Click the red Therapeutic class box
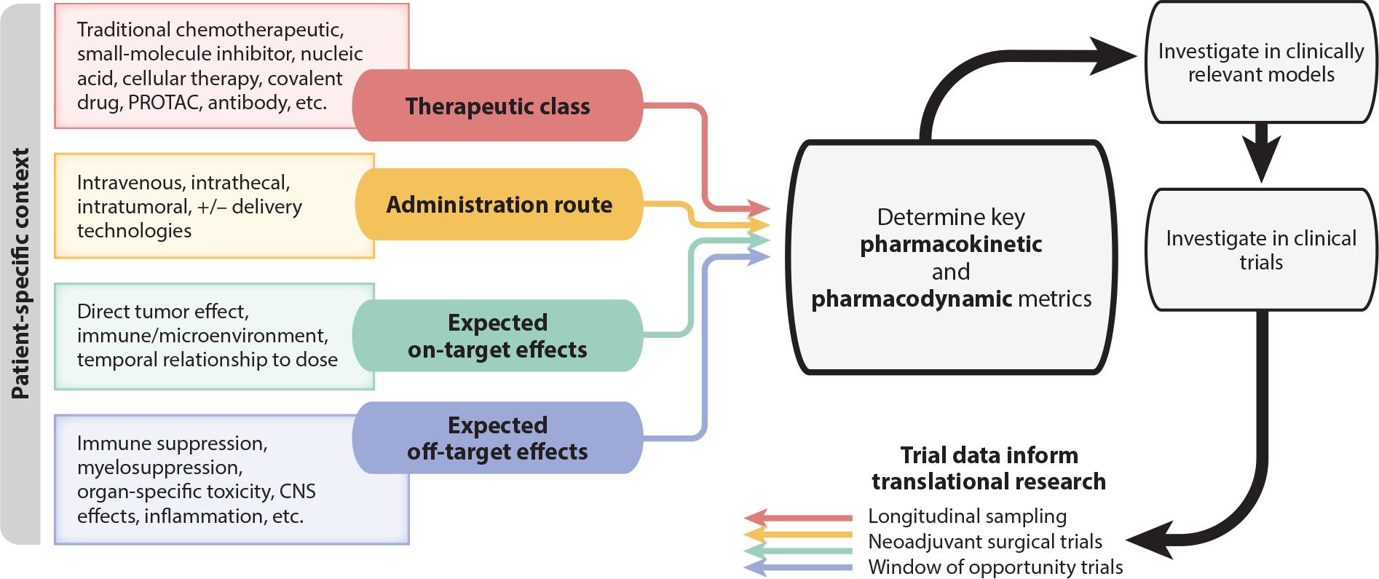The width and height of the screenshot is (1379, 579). click(497, 106)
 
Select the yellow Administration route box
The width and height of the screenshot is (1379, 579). click(499, 205)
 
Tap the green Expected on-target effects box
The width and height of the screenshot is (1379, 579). click(497, 336)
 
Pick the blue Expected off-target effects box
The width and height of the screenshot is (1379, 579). click(497, 438)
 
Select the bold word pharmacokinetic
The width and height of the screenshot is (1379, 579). click(951, 245)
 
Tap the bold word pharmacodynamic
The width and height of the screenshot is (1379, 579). click(912, 299)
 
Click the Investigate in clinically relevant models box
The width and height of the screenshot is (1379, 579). click(1261, 63)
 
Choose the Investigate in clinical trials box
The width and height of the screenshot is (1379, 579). click(1261, 250)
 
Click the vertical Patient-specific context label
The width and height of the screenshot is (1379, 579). click(20, 274)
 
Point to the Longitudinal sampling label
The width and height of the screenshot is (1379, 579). click(968, 516)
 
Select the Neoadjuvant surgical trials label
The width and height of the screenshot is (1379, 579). click(985, 542)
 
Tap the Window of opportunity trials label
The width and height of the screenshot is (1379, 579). click(995, 567)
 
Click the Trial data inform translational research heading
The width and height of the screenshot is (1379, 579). click(989, 468)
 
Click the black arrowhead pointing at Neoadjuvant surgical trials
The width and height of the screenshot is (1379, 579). click(1149, 540)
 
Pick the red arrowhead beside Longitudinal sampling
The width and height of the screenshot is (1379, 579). click(756, 518)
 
